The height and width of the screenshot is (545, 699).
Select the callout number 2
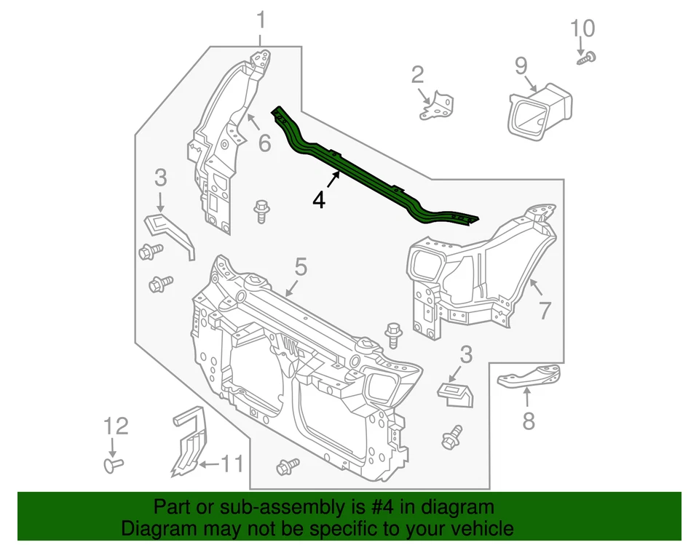417,74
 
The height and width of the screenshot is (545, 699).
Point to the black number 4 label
319,200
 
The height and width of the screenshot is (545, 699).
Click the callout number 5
300,267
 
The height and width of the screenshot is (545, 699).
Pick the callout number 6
264,143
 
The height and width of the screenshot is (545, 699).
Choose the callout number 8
528,420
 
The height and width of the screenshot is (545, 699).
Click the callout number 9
521,66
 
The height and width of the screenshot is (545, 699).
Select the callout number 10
582,29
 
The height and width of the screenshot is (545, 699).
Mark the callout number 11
232,464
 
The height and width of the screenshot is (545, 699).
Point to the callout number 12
114,426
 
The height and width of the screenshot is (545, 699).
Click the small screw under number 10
587,59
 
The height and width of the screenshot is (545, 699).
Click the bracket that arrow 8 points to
531,377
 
